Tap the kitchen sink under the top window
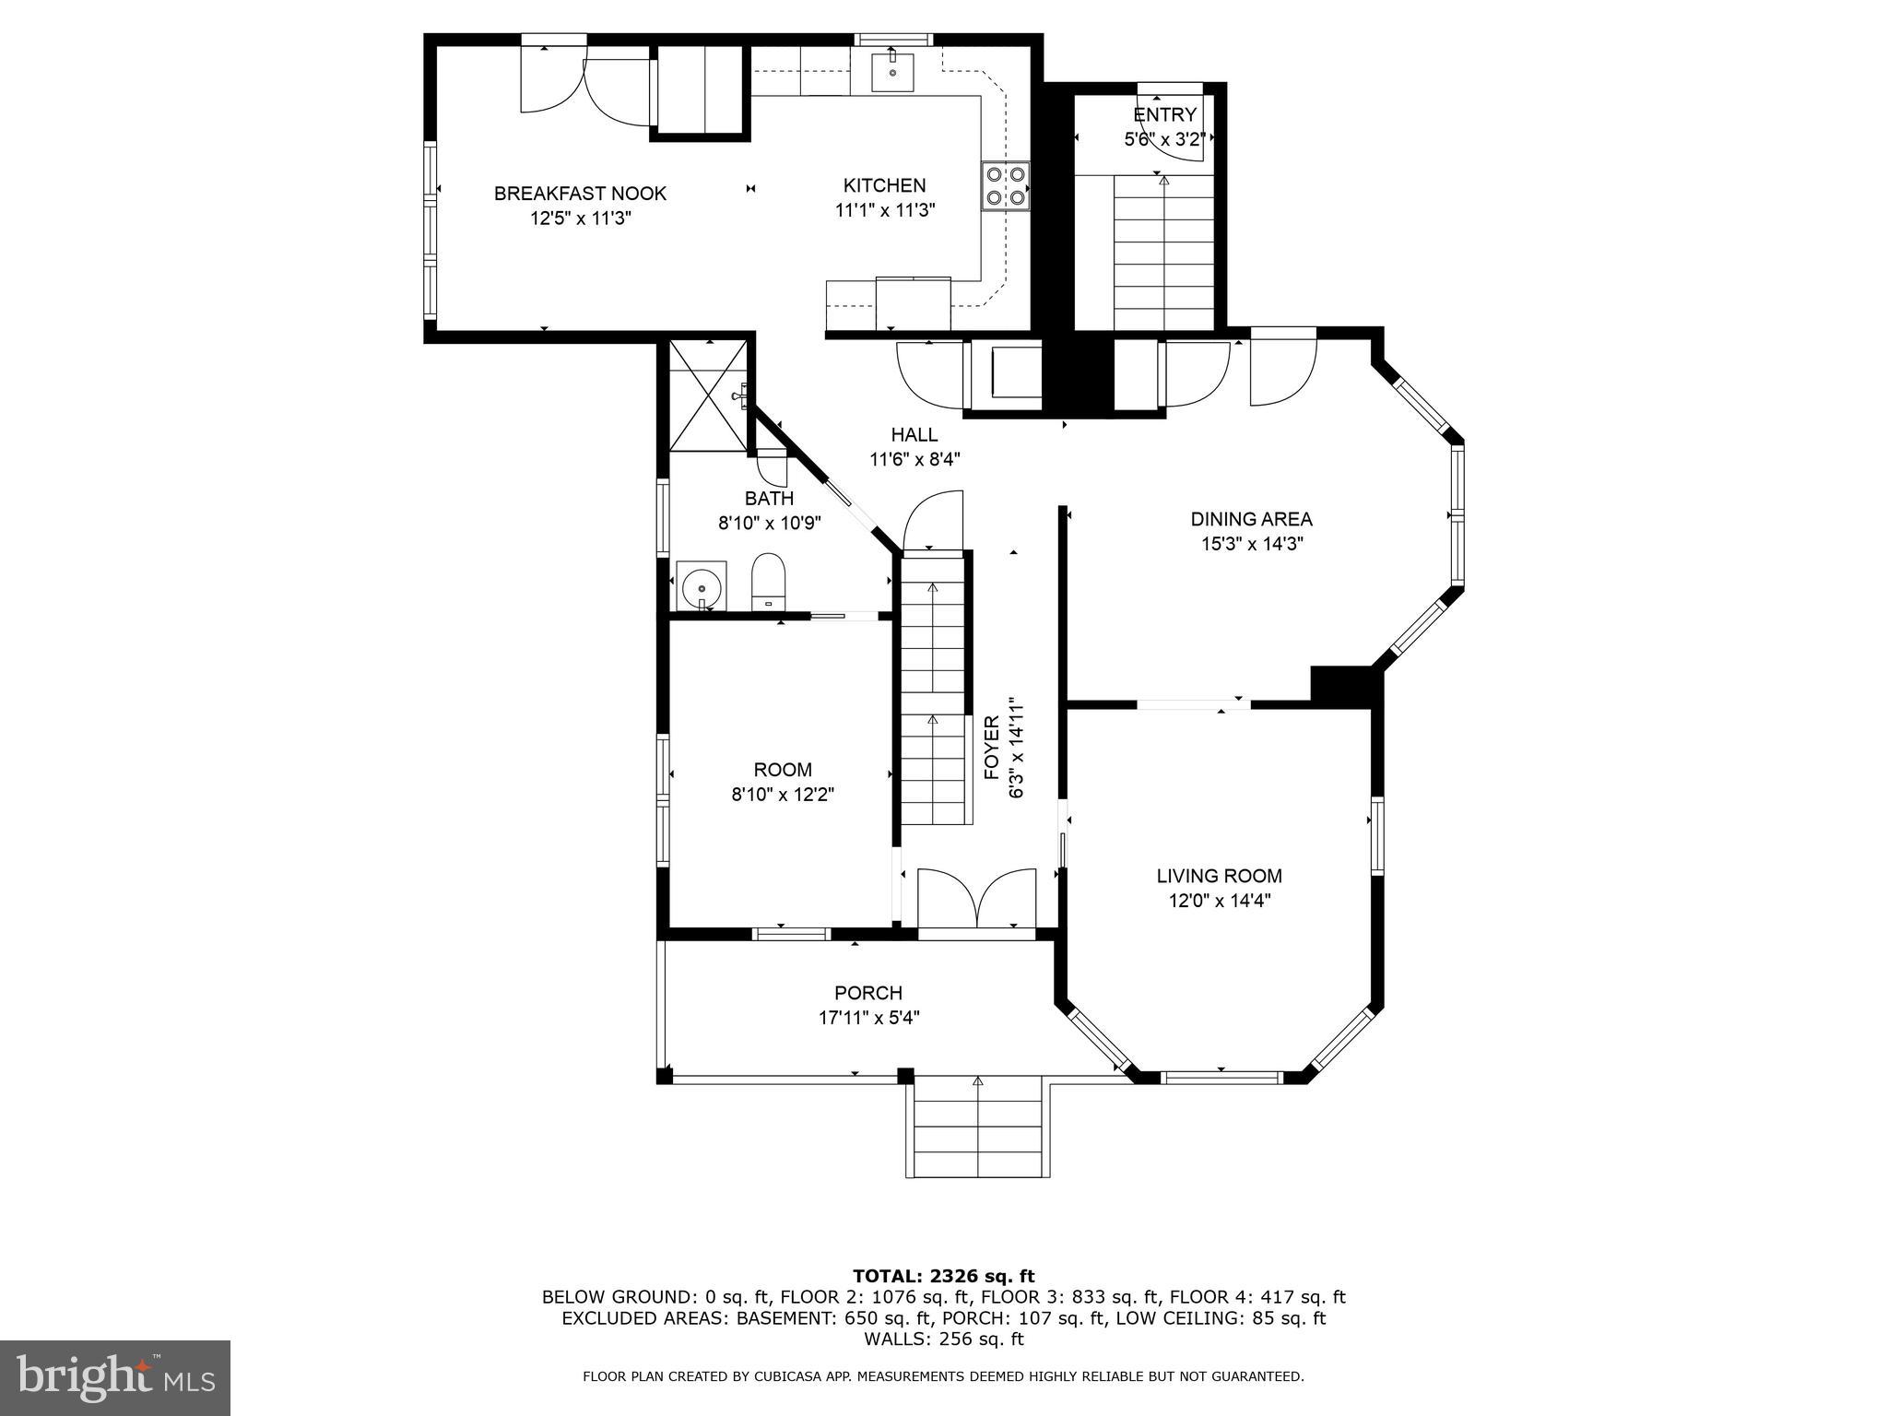(892, 72)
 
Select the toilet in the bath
(768, 580)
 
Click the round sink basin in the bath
(702, 585)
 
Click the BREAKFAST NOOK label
(580, 194)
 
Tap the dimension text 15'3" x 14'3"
(1251, 544)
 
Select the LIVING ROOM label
(1219, 876)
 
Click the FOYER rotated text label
(992, 748)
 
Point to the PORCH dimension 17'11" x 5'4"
(868, 1018)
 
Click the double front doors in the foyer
(977, 898)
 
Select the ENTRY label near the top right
(1164, 114)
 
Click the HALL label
(914, 434)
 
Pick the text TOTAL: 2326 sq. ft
(943, 1276)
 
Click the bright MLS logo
(115, 1377)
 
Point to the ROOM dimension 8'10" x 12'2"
(783, 794)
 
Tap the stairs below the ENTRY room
(1163, 254)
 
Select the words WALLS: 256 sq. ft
(943, 1339)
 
